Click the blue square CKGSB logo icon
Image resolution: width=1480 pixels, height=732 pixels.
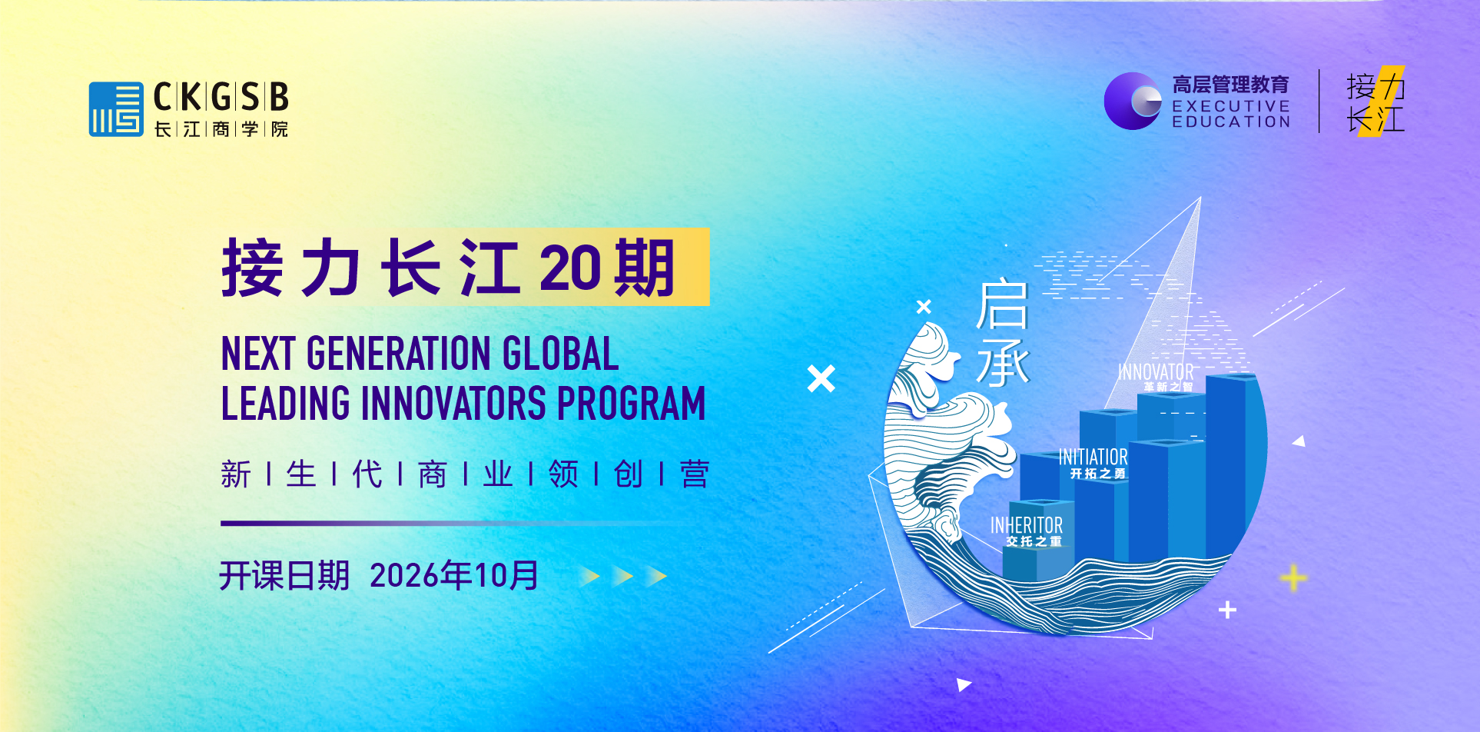pyautogui.click(x=116, y=109)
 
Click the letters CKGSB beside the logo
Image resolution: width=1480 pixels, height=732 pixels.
pyautogui.click(x=221, y=98)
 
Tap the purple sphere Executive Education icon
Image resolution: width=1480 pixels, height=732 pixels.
pyautogui.click(x=1133, y=101)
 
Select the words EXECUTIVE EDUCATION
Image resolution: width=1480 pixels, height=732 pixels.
pyautogui.click(x=1231, y=114)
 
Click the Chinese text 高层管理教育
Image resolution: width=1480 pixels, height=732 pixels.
pyautogui.click(x=1230, y=85)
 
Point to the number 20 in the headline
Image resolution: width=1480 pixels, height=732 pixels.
pyautogui.click(x=569, y=268)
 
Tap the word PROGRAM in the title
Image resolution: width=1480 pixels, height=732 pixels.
pyautogui.click(x=631, y=404)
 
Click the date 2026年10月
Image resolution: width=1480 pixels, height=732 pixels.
pyautogui.click(x=454, y=575)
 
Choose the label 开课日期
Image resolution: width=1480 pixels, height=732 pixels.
pyautogui.click(x=284, y=575)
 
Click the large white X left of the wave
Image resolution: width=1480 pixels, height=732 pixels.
pyautogui.click(x=821, y=378)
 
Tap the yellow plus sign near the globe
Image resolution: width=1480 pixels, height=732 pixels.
pyautogui.click(x=1293, y=578)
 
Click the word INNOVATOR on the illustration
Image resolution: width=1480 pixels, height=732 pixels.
pyautogui.click(x=1156, y=372)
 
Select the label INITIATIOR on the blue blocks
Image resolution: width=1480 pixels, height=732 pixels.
pyautogui.click(x=1093, y=457)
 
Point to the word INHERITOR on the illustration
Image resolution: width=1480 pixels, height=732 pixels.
pyautogui.click(x=1027, y=525)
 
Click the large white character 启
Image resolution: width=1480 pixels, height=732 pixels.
pyautogui.click(x=1003, y=305)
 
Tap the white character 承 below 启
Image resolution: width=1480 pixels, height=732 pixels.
pyautogui.click(x=1003, y=363)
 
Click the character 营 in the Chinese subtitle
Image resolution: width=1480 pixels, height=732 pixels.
pyautogui.click(x=694, y=474)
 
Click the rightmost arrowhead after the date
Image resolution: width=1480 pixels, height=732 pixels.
pyautogui.click(x=656, y=576)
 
